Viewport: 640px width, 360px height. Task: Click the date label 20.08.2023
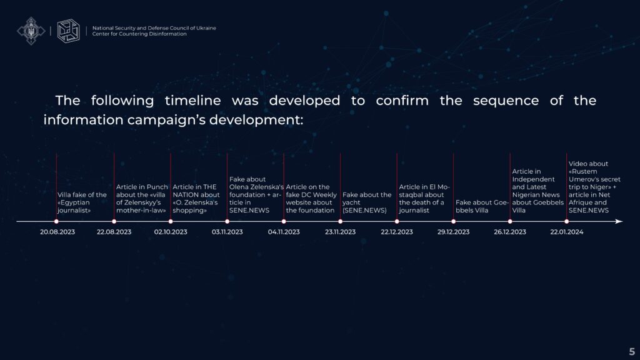57,232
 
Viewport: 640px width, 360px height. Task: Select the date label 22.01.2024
566,232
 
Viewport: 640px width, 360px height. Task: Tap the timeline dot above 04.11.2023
284,222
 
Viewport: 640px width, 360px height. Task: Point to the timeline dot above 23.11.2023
341,222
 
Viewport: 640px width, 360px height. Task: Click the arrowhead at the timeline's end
619,222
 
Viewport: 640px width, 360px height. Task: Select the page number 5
632,351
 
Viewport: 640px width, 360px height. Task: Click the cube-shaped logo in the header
68,31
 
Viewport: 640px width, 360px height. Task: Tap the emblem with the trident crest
31,31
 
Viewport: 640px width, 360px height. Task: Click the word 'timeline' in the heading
192,101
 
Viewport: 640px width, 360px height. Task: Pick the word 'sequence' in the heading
506,101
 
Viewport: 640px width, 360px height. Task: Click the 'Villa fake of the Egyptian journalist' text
82,202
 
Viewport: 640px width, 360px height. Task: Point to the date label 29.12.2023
454,232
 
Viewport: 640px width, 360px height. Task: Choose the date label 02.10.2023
171,232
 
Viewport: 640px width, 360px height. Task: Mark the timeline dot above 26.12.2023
510,222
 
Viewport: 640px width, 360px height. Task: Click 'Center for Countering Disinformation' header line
139,34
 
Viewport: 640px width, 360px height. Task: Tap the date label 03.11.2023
227,232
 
